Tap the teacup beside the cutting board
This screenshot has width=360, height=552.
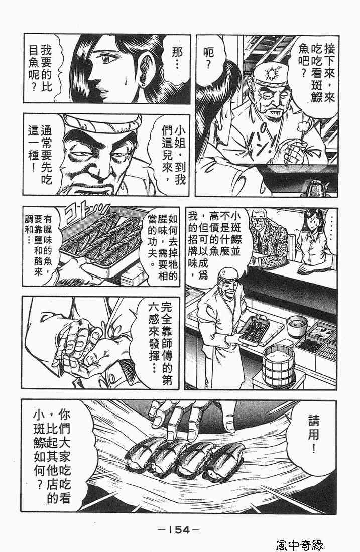tap(297, 326)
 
